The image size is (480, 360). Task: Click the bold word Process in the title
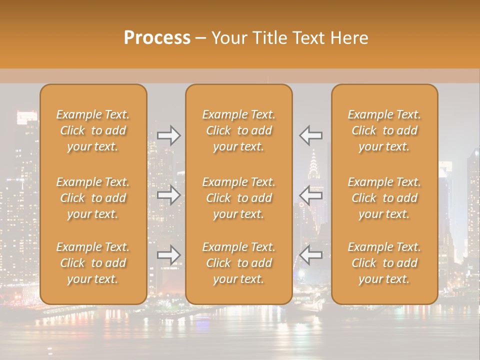tap(157, 37)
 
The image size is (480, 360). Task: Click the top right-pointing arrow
tap(168, 135)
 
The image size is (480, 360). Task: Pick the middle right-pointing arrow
tap(168, 195)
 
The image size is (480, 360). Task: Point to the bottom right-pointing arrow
tap(168, 255)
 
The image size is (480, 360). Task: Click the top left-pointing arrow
tap(311, 135)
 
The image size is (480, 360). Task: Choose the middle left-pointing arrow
tap(311, 195)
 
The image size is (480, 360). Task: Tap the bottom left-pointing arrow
tap(311, 255)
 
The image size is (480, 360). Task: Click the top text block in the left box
tap(93, 130)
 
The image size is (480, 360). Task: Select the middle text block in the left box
tap(93, 198)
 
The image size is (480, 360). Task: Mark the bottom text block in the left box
tap(93, 263)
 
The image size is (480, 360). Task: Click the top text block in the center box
tap(238, 130)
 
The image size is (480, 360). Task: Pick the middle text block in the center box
tap(238, 198)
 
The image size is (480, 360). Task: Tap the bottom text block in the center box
tap(238, 263)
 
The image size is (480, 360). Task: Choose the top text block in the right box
tap(384, 130)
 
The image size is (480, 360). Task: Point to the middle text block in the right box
tap(384, 198)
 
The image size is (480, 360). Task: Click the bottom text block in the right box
tap(384, 263)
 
